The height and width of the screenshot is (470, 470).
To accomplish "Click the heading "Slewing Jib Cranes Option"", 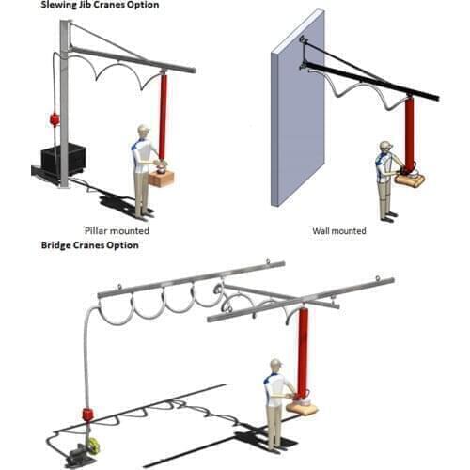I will [99, 5].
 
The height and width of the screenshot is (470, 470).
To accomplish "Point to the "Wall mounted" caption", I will [339, 229].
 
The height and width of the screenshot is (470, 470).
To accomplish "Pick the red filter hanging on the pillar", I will [54, 119].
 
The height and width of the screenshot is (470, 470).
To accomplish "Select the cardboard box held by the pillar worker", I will [162, 178].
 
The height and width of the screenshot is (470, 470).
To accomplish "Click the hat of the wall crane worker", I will [385, 145].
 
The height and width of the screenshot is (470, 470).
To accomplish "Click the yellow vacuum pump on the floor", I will [94, 446].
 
